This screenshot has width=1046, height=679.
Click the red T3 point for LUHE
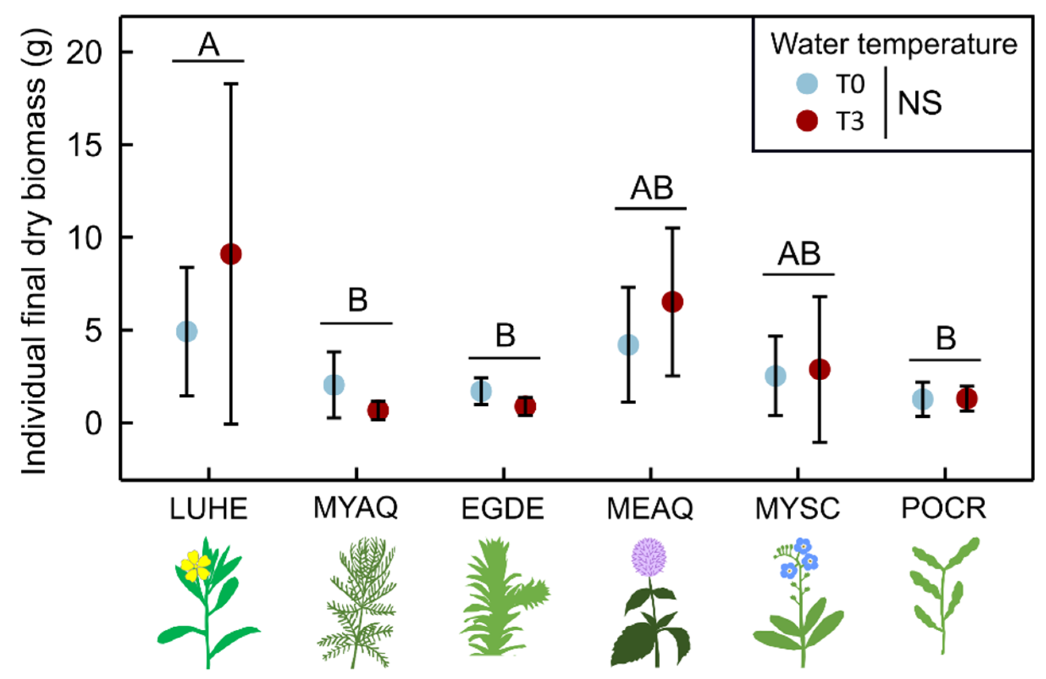[x=231, y=254]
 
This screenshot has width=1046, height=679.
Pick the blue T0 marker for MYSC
[x=776, y=376]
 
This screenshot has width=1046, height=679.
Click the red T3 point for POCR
[x=967, y=399]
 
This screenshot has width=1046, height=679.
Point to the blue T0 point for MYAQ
[x=334, y=385]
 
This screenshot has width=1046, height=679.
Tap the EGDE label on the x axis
[x=503, y=509]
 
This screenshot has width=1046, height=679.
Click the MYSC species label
[x=797, y=509]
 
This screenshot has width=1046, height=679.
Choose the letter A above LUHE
[x=208, y=45]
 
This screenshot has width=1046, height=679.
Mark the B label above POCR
[x=946, y=339]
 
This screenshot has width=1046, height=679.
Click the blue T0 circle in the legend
[x=808, y=84]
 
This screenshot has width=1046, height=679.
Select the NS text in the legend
[x=920, y=104]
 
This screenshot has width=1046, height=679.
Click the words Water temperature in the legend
[x=894, y=45]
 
